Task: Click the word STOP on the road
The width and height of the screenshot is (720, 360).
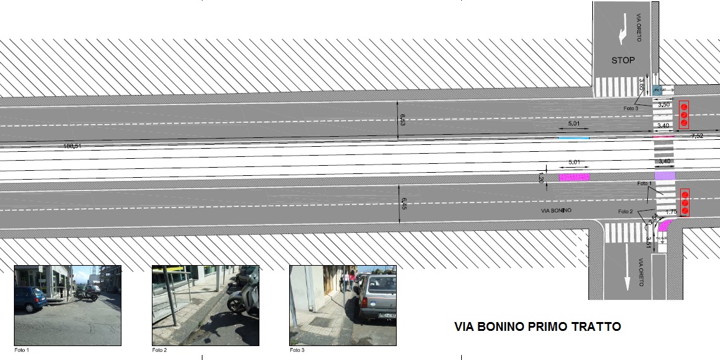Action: pos(623,61)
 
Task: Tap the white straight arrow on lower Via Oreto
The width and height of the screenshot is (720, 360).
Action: pos(627,268)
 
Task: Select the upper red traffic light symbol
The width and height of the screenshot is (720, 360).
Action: pos(684,115)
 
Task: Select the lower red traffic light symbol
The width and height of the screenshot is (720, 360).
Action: pos(684,202)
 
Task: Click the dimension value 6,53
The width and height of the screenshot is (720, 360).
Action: pos(401,119)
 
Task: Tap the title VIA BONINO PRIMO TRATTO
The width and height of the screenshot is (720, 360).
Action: pos(537,327)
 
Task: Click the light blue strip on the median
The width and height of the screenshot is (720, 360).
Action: pos(573,137)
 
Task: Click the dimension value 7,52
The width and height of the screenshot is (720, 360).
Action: pos(697,136)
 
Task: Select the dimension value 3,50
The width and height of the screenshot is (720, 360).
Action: pos(664,105)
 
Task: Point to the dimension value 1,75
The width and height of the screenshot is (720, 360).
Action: pos(672,211)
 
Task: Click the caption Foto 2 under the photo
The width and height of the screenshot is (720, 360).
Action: pos(159,350)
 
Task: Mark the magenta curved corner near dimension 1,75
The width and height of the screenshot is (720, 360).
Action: pos(664,223)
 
